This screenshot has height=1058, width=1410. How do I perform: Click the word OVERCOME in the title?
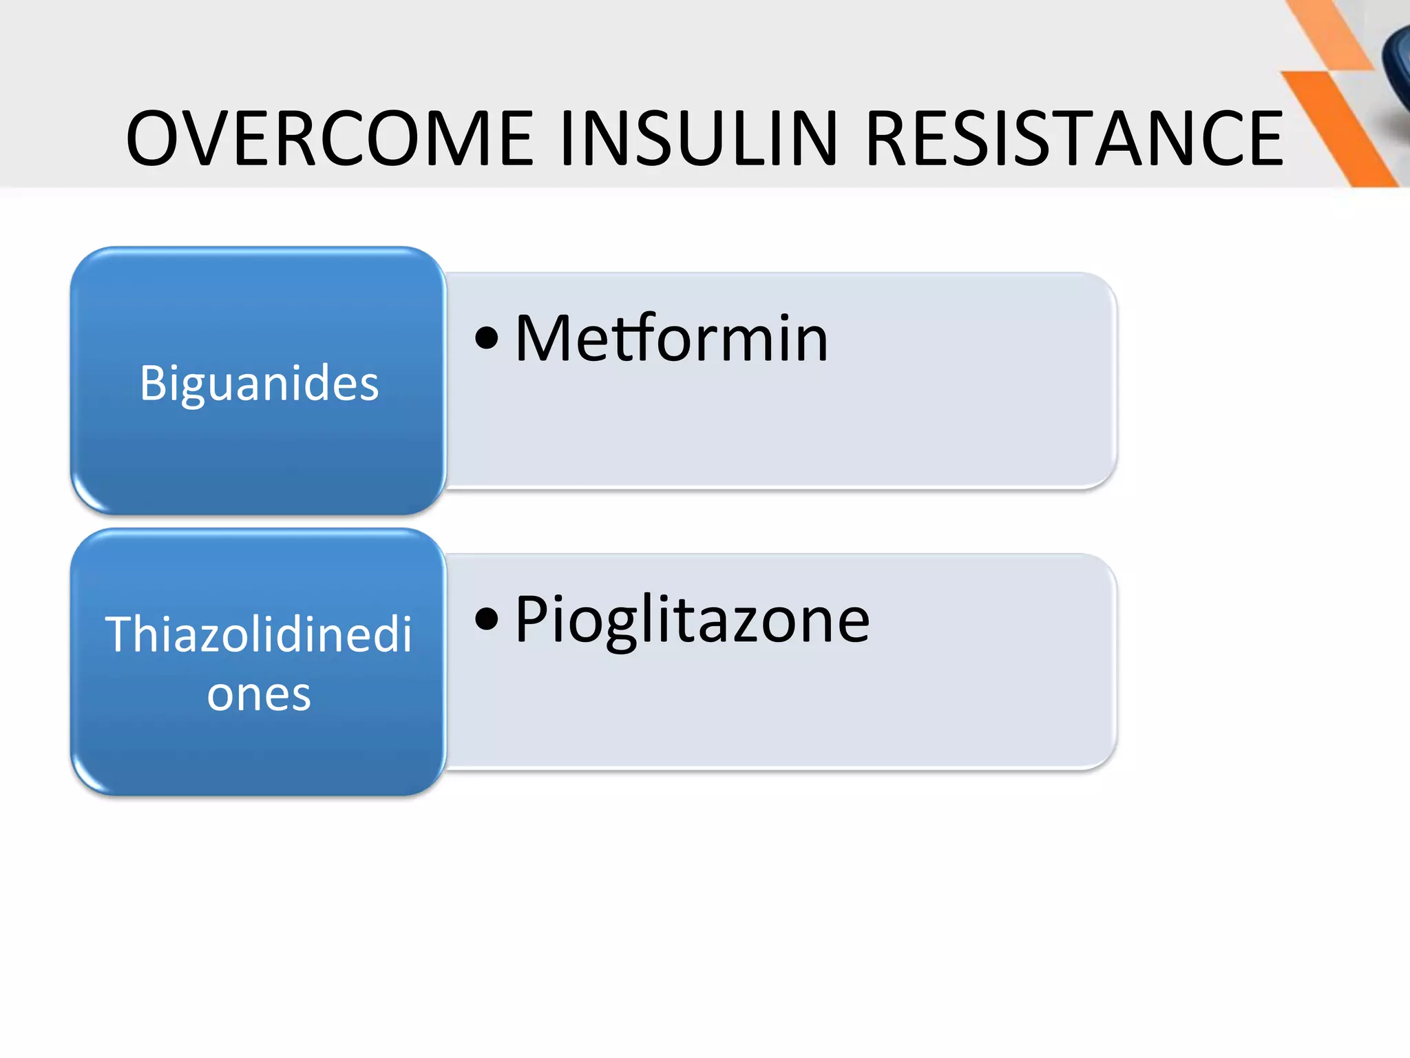coord(330,139)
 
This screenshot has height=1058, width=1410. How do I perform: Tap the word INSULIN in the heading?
coord(699,139)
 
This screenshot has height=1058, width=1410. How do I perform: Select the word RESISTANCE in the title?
coord(1074,139)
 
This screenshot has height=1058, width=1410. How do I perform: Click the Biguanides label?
coord(259,384)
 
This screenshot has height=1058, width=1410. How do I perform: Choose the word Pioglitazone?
coord(692,620)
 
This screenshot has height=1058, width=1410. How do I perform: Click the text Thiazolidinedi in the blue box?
coord(258,634)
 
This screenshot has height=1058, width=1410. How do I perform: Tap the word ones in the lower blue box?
coord(259,694)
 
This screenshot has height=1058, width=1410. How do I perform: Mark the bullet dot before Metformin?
coord(487,338)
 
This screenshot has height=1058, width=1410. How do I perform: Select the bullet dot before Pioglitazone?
coord(487,619)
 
